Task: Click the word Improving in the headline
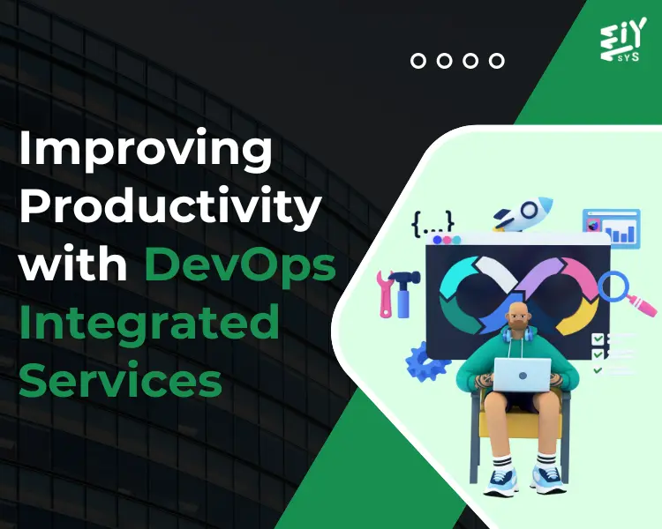146,153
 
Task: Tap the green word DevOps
241,265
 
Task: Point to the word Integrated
149,323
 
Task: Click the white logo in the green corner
623,40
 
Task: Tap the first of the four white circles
419,61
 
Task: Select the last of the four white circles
497,61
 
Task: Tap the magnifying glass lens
613,286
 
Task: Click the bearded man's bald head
517,315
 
